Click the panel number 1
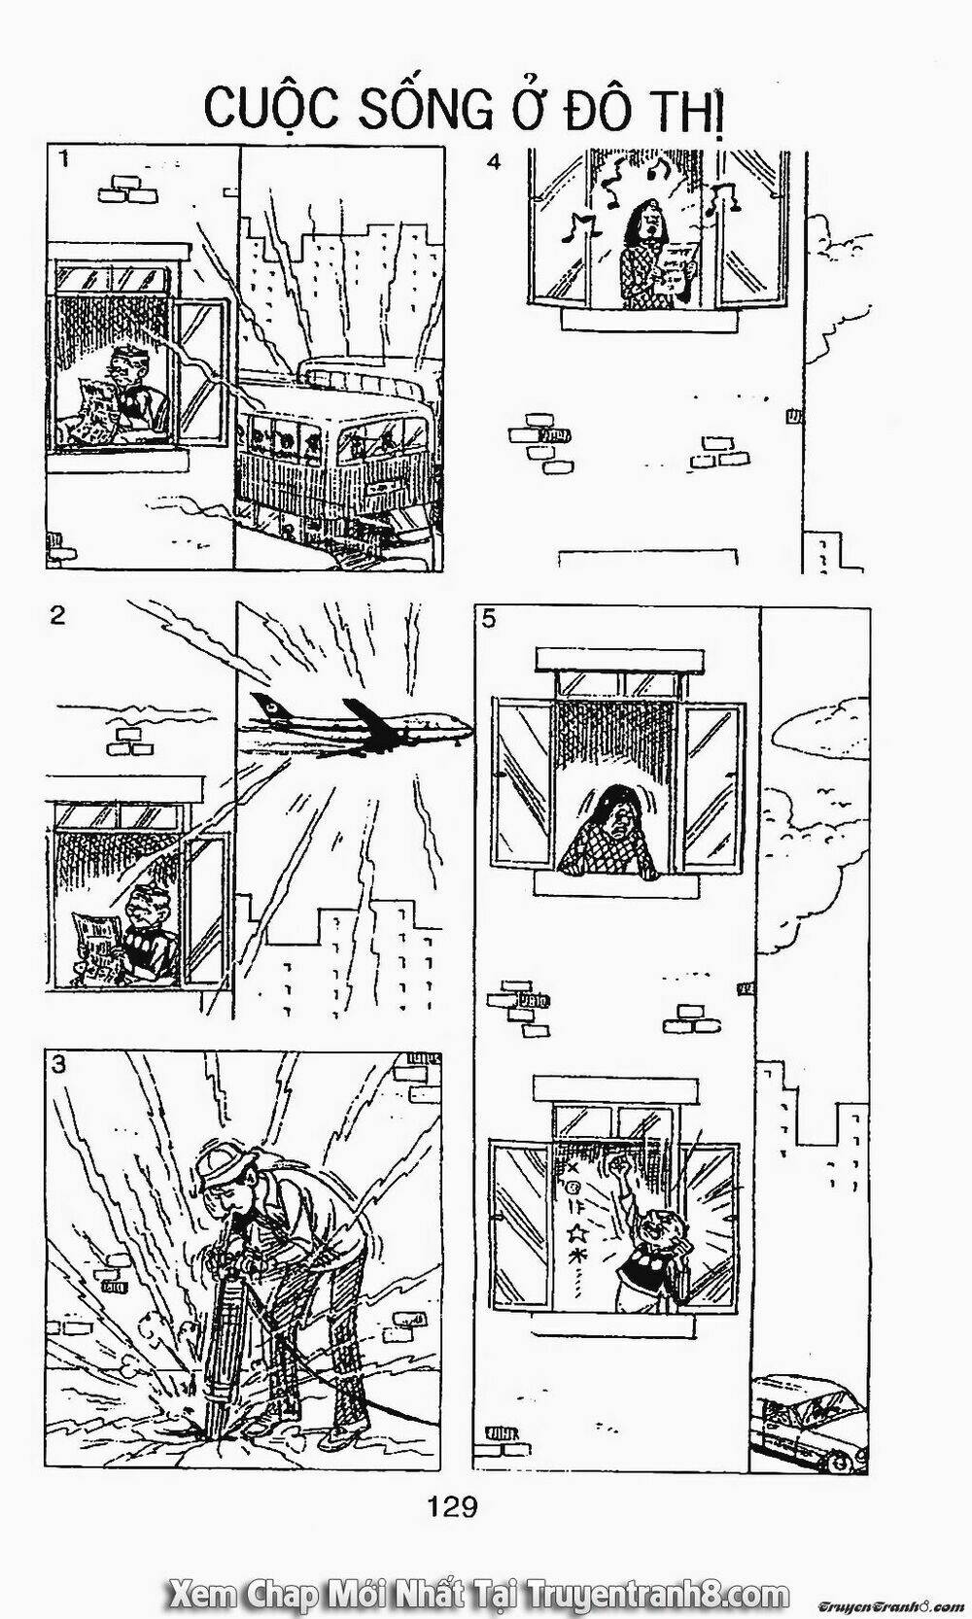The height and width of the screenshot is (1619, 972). pyautogui.click(x=63, y=159)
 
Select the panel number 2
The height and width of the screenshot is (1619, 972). pyautogui.click(x=57, y=615)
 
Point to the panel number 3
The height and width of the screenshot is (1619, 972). pyautogui.click(x=59, y=1064)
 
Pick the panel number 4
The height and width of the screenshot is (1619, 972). pyautogui.click(x=494, y=162)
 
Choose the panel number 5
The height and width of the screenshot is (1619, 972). pyautogui.click(x=488, y=618)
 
